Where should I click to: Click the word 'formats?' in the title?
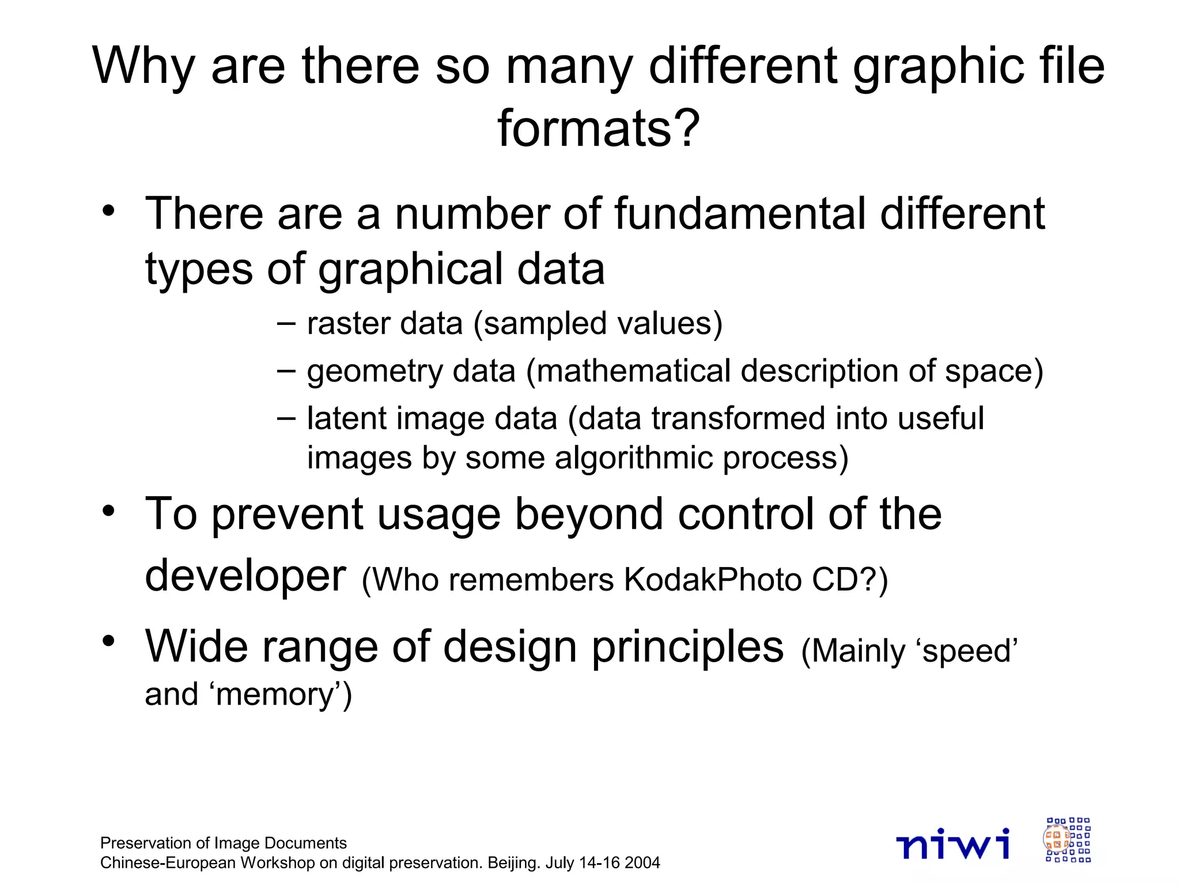click(x=598, y=128)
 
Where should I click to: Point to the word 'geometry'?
click(x=375, y=372)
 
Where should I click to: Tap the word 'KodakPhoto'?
click(x=712, y=579)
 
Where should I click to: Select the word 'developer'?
click(x=245, y=576)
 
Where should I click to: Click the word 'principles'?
click(x=688, y=646)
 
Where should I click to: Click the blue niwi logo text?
click(x=952, y=844)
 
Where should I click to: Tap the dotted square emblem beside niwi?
click(x=1068, y=839)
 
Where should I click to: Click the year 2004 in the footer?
click(x=642, y=863)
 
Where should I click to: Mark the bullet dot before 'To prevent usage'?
click(x=108, y=510)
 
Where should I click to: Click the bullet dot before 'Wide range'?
click(x=108, y=641)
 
